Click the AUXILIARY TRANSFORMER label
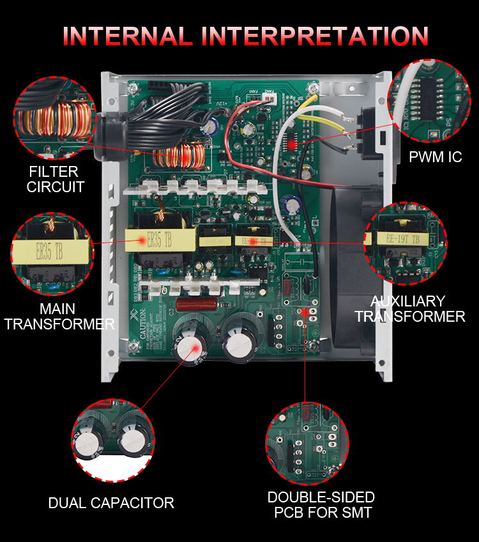409,309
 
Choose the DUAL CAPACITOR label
111,503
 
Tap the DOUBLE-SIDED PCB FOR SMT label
321,504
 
